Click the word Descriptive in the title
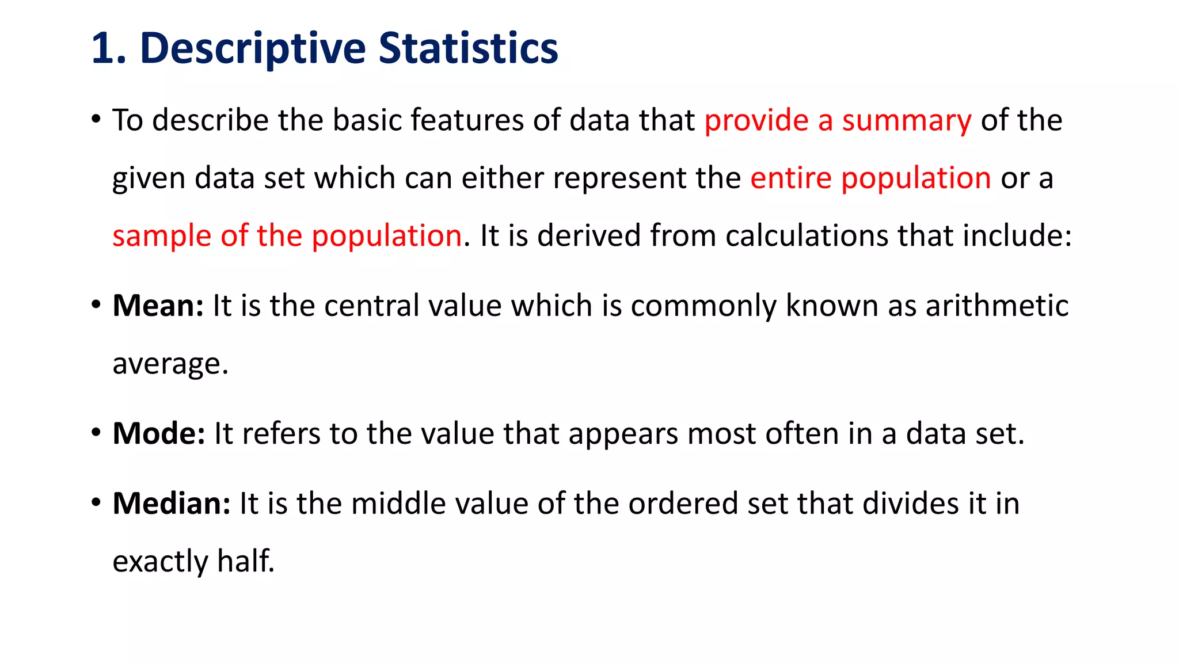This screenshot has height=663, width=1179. pyautogui.click(x=253, y=48)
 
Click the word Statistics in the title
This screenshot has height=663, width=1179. pyautogui.click(x=468, y=48)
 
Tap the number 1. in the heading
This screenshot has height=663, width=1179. pyautogui.click(x=108, y=48)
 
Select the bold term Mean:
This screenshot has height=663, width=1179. pyautogui.click(x=158, y=305)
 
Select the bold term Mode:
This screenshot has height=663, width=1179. pyautogui.click(x=159, y=433)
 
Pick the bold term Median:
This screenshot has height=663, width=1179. pyautogui.click(x=172, y=503)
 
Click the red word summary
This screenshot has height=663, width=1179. pyautogui.click(x=907, y=121)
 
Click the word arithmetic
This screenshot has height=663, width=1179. pyautogui.click(x=997, y=305)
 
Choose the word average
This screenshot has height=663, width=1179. pyautogui.click(x=170, y=364)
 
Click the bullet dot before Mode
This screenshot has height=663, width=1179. pyautogui.click(x=96, y=432)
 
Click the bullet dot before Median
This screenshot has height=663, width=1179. pyautogui.click(x=96, y=502)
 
